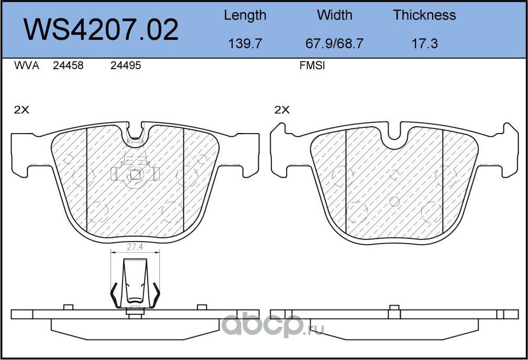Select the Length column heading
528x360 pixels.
coord(245,15)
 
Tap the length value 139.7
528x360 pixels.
coord(245,43)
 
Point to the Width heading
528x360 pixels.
coord(334,15)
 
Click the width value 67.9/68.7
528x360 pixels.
coord(334,43)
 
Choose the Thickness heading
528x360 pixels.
coord(424,15)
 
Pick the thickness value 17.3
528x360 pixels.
coord(424,43)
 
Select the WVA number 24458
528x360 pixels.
coord(68,66)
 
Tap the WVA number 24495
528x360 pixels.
coord(126,66)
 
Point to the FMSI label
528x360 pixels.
coord(312,66)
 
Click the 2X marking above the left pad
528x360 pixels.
coord(21,110)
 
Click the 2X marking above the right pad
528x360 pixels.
coord(282,110)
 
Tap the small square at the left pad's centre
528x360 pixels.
coord(135,176)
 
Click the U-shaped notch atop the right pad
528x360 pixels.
coord(394,137)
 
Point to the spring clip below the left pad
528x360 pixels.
coord(135,283)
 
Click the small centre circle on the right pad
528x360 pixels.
coord(395,201)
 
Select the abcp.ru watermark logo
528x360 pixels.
coord(272,326)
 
